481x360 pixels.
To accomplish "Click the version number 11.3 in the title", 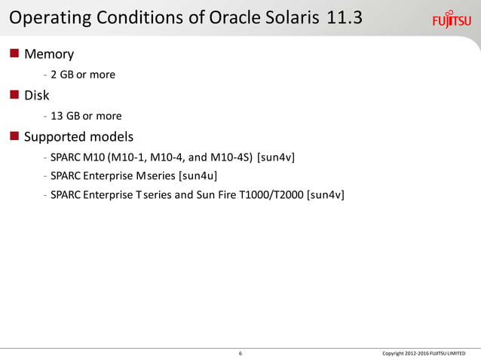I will coord(345,17).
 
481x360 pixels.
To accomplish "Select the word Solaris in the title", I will coord(290,17).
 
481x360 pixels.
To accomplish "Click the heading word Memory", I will coord(49,54).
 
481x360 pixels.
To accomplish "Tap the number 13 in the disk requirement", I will coord(57,116).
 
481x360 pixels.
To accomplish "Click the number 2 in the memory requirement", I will coord(54,75).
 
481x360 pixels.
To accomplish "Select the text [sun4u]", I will coord(198,176).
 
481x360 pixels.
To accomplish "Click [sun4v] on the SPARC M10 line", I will coord(276,157).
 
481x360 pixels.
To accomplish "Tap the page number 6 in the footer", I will coord(240,352).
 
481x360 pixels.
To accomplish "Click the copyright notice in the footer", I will coord(424,352).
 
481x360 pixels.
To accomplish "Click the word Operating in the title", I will coord(47,17).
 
